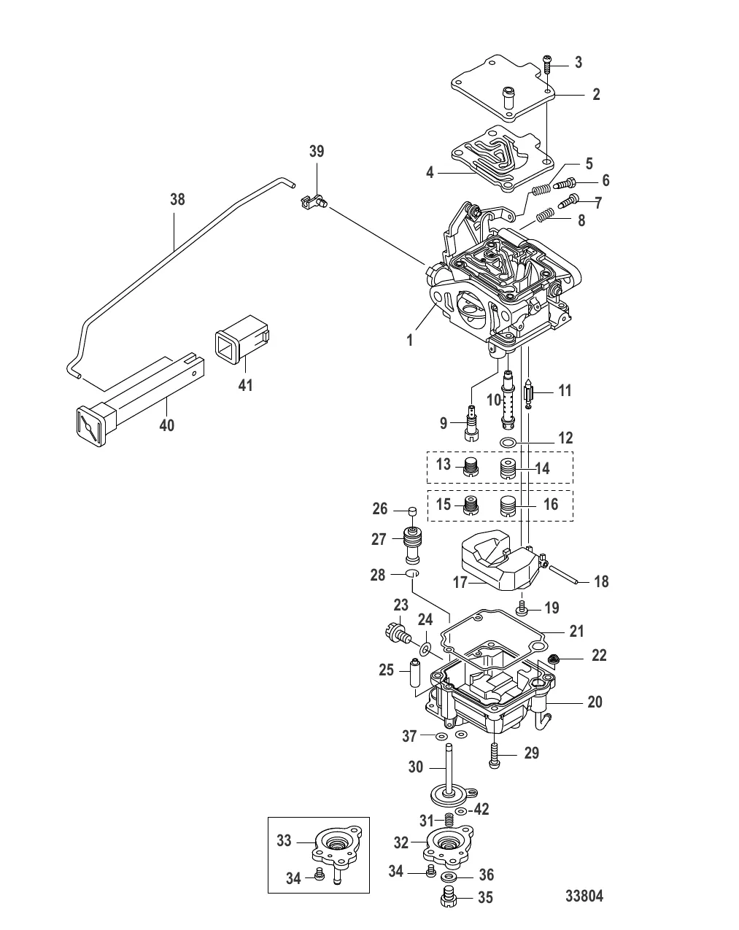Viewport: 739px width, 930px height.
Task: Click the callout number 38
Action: pos(177,200)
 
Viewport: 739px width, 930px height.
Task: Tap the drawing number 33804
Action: pos(584,896)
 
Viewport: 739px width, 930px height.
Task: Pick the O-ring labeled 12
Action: pos(508,443)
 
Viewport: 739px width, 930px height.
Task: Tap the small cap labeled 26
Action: pos(412,511)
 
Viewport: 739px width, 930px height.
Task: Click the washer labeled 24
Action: pos(426,649)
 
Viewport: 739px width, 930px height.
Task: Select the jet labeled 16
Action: pos(508,505)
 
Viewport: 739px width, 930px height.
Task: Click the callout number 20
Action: pos(595,702)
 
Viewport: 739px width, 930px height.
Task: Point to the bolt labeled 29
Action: pos(495,755)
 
